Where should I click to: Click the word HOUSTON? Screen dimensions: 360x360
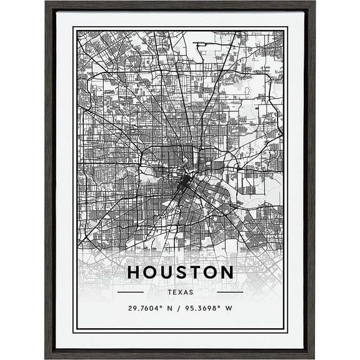tap(180, 272)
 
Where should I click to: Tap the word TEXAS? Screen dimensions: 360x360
tap(180, 292)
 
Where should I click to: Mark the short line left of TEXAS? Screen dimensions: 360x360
tap(131, 292)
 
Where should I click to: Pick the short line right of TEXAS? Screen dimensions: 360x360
tap(229, 292)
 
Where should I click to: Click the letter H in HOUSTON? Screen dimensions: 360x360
tap(134, 272)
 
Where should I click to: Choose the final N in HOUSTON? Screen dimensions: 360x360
tap(226, 272)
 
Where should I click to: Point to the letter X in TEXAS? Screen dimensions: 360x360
tap(180, 292)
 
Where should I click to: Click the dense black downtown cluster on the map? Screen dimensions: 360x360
tap(182, 183)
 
